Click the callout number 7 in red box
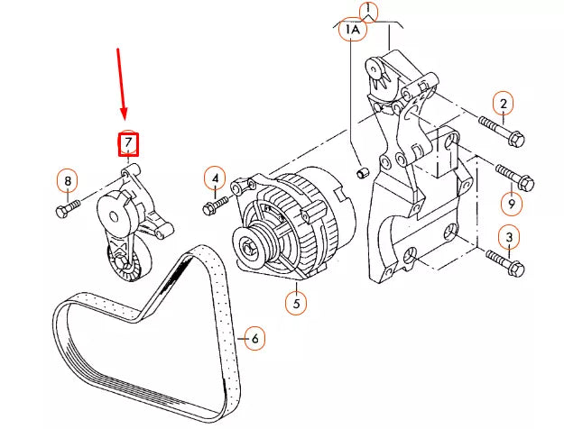(129, 143)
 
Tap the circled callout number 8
(67, 182)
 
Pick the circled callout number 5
(295, 304)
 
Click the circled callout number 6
(254, 339)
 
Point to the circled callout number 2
(504, 105)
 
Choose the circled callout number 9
(511, 204)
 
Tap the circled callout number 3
(509, 238)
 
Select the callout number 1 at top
(366, 12)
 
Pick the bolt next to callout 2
(500, 132)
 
